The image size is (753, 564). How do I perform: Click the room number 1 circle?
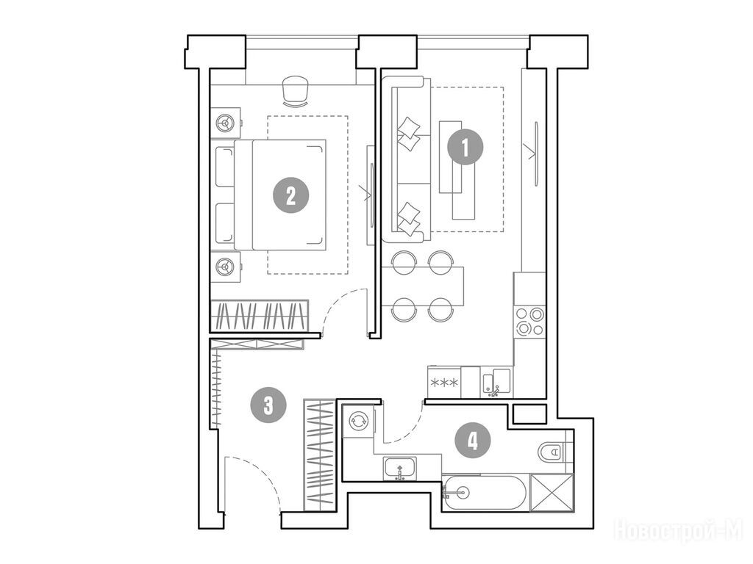coord(465,147)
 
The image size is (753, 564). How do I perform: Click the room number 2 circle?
coord(290,195)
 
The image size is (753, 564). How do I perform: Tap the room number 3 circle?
coord(268,405)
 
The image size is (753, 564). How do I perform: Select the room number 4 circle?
coord(473,440)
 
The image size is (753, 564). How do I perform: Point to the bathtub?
coord(485,493)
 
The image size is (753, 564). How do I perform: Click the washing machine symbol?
coord(358,422)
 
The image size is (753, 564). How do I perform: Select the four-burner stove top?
coord(529,322)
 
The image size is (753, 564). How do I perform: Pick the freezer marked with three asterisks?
coord(444,382)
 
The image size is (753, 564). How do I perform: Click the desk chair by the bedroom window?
coord(295,91)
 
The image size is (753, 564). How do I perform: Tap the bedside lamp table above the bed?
coord(225,123)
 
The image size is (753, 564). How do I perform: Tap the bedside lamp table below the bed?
coord(225,267)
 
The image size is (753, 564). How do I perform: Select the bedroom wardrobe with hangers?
coord(260,315)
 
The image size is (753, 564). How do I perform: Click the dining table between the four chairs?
coord(423,286)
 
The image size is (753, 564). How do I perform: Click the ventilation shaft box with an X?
coord(552,493)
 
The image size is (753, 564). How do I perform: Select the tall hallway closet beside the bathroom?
coord(319,454)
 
